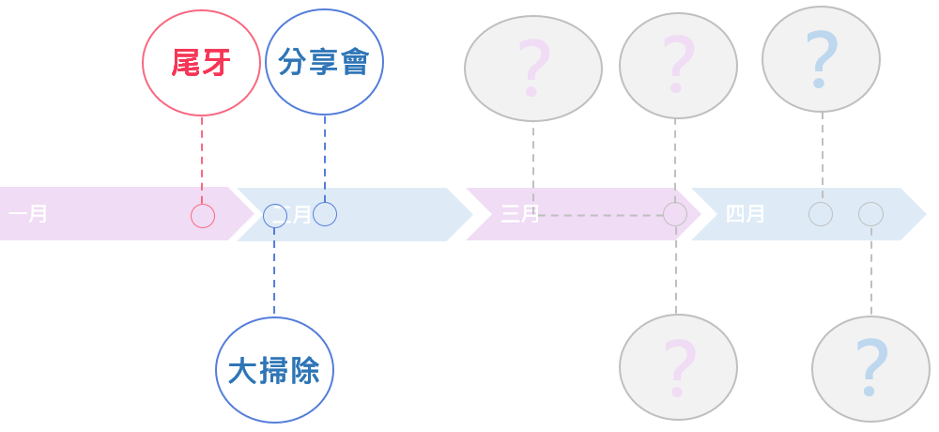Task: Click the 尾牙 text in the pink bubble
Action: [201, 63]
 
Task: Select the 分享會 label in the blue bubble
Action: [324, 62]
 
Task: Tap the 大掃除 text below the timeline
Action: [274, 371]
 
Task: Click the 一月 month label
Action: [28, 214]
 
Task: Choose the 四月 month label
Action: [745, 214]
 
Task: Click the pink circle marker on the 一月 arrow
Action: [203, 216]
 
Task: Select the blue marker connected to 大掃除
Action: [275, 216]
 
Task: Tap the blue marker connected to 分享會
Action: [325, 214]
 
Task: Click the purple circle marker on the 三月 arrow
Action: [675, 214]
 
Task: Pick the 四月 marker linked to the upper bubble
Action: [821, 214]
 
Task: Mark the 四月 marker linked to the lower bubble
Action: [870, 214]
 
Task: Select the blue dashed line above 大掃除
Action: [274, 272]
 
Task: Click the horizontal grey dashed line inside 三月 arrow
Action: [601, 215]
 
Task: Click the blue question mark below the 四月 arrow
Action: [870, 368]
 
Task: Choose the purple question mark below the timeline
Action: [678, 368]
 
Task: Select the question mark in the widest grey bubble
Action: [532, 68]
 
